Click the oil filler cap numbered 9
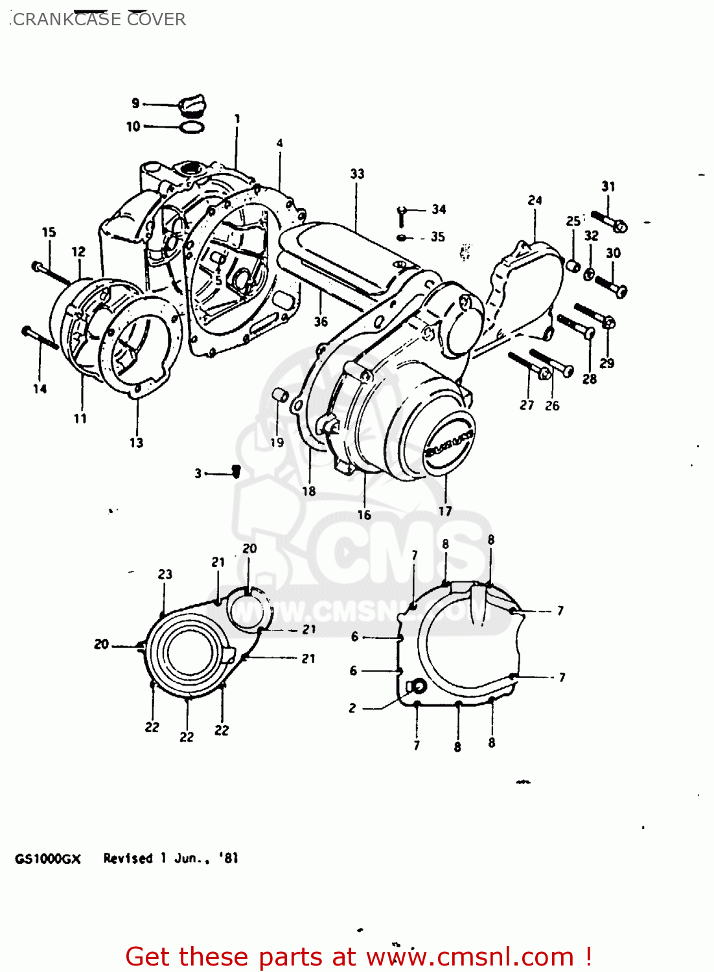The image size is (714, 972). pos(192,105)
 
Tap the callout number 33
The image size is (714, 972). pos(357,174)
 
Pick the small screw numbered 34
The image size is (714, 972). pos(402,213)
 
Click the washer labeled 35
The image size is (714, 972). pos(403,238)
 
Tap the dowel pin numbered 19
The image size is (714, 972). pos(279,394)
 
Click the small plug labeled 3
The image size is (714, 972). pos(236,472)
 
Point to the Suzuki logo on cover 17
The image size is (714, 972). pos(448,443)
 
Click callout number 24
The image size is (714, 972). pos(535,200)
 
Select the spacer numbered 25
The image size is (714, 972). pos(573,265)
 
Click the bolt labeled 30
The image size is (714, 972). pos(610,286)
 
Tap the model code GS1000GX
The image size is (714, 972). pos(48,859)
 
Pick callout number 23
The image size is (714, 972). pos(165,574)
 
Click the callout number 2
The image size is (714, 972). pos(352,708)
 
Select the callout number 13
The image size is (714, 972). pos(136,443)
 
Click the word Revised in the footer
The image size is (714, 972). pos(128,859)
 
